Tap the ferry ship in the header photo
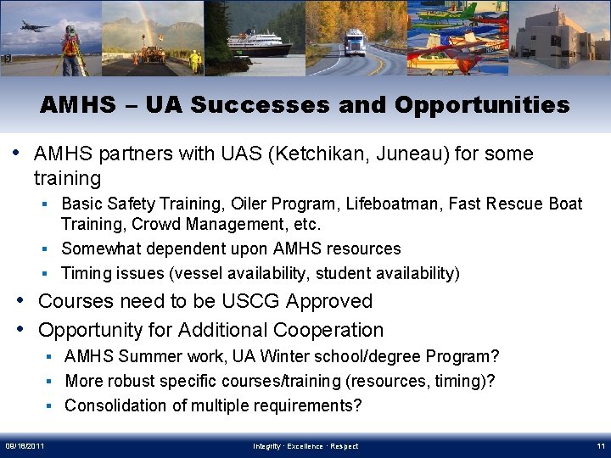256,43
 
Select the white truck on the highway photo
354,42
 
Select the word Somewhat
101,249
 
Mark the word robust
137,381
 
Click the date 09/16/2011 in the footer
25,446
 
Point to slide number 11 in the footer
599,446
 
